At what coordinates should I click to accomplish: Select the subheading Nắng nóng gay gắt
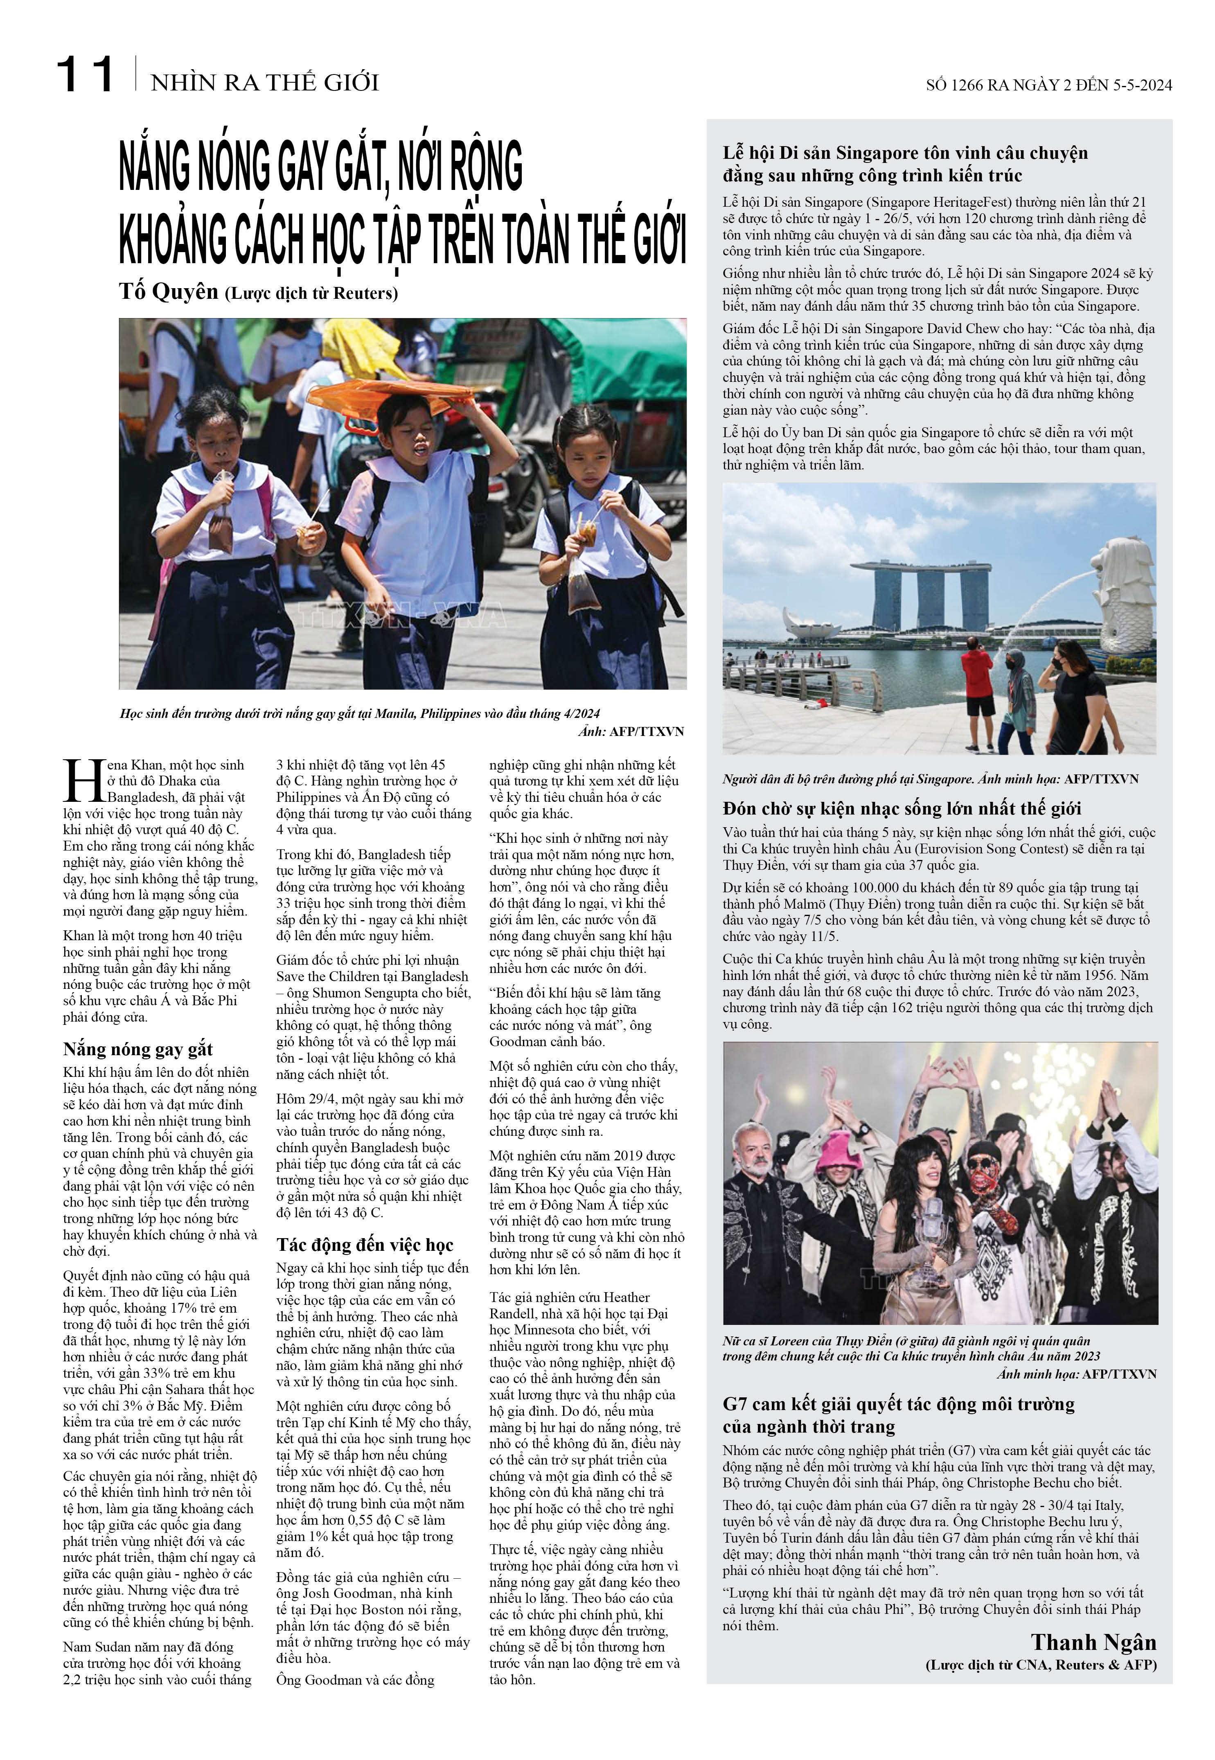coord(138,1049)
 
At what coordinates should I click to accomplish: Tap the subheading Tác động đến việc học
coord(365,1245)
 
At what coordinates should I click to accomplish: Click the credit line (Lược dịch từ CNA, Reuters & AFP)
coord(1041,1665)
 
